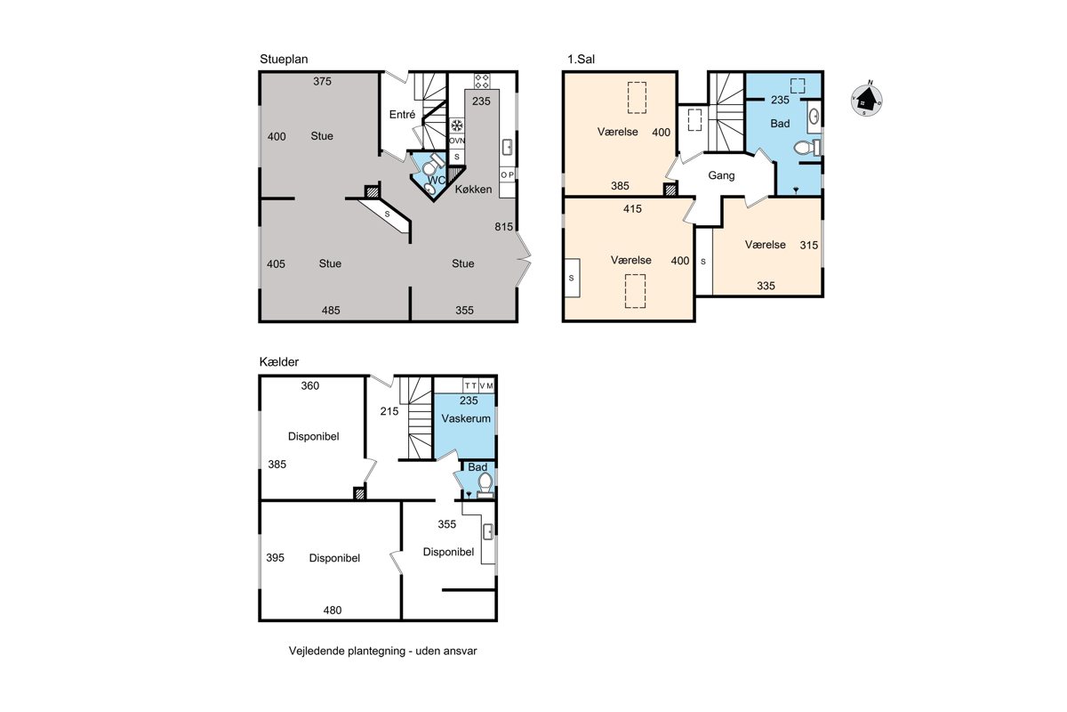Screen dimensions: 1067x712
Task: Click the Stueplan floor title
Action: click(x=284, y=60)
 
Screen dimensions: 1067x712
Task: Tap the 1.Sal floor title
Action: click(x=581, y=60)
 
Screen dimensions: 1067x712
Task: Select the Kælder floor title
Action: click(x=279, y=362)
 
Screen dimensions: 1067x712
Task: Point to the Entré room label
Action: click(x=402, y=115)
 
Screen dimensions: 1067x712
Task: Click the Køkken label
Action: click(x=473, y=190)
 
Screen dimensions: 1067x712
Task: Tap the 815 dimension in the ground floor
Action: click(x=503, y=227)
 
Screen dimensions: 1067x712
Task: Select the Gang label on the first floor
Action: click(x=721, y=175)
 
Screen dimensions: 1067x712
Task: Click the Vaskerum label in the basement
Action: click(x=466, y=418)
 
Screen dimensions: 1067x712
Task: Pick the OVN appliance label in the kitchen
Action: click(x=457, y=141)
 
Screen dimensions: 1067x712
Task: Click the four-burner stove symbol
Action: click(x=482, y=81)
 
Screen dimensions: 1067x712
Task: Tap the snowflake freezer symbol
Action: click(x=457, y=125)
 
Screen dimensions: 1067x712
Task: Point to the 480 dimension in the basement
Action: click(x=333, y=610)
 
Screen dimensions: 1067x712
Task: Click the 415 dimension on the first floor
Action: click(x=632, y=209)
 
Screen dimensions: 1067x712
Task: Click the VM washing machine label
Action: click(x=486, y=385)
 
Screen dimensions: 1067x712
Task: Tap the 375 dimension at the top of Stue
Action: click(x=322, y=82)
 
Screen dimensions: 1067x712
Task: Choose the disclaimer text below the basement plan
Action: click(x=382, y=651)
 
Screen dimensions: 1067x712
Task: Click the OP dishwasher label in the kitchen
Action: click(x=508, y=175)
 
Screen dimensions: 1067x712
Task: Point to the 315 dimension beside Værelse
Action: click(x=809, y=245)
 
